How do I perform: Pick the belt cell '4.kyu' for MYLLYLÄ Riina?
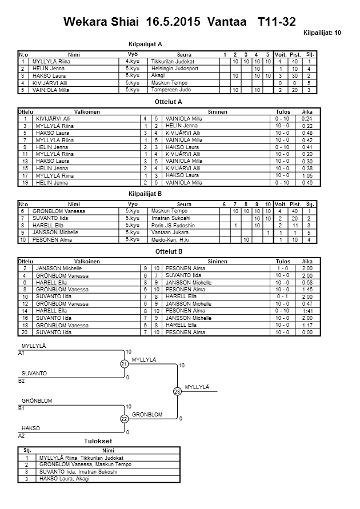tap(132, 61)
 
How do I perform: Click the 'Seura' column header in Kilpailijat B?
tap(184, 205)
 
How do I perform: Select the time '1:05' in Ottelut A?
tap(307, 176)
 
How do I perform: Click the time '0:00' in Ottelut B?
tap(307, 332)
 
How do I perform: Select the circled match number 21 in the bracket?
tap(124, 364)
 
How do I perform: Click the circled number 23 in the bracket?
tap(177, 391)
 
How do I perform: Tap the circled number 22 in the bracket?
tap(124, 419)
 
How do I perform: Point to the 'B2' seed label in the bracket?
tap(22, 380)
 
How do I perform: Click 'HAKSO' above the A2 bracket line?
tap(31, 428)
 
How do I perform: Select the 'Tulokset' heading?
tap(98, 442)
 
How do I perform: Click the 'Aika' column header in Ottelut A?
tap(307, 111)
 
